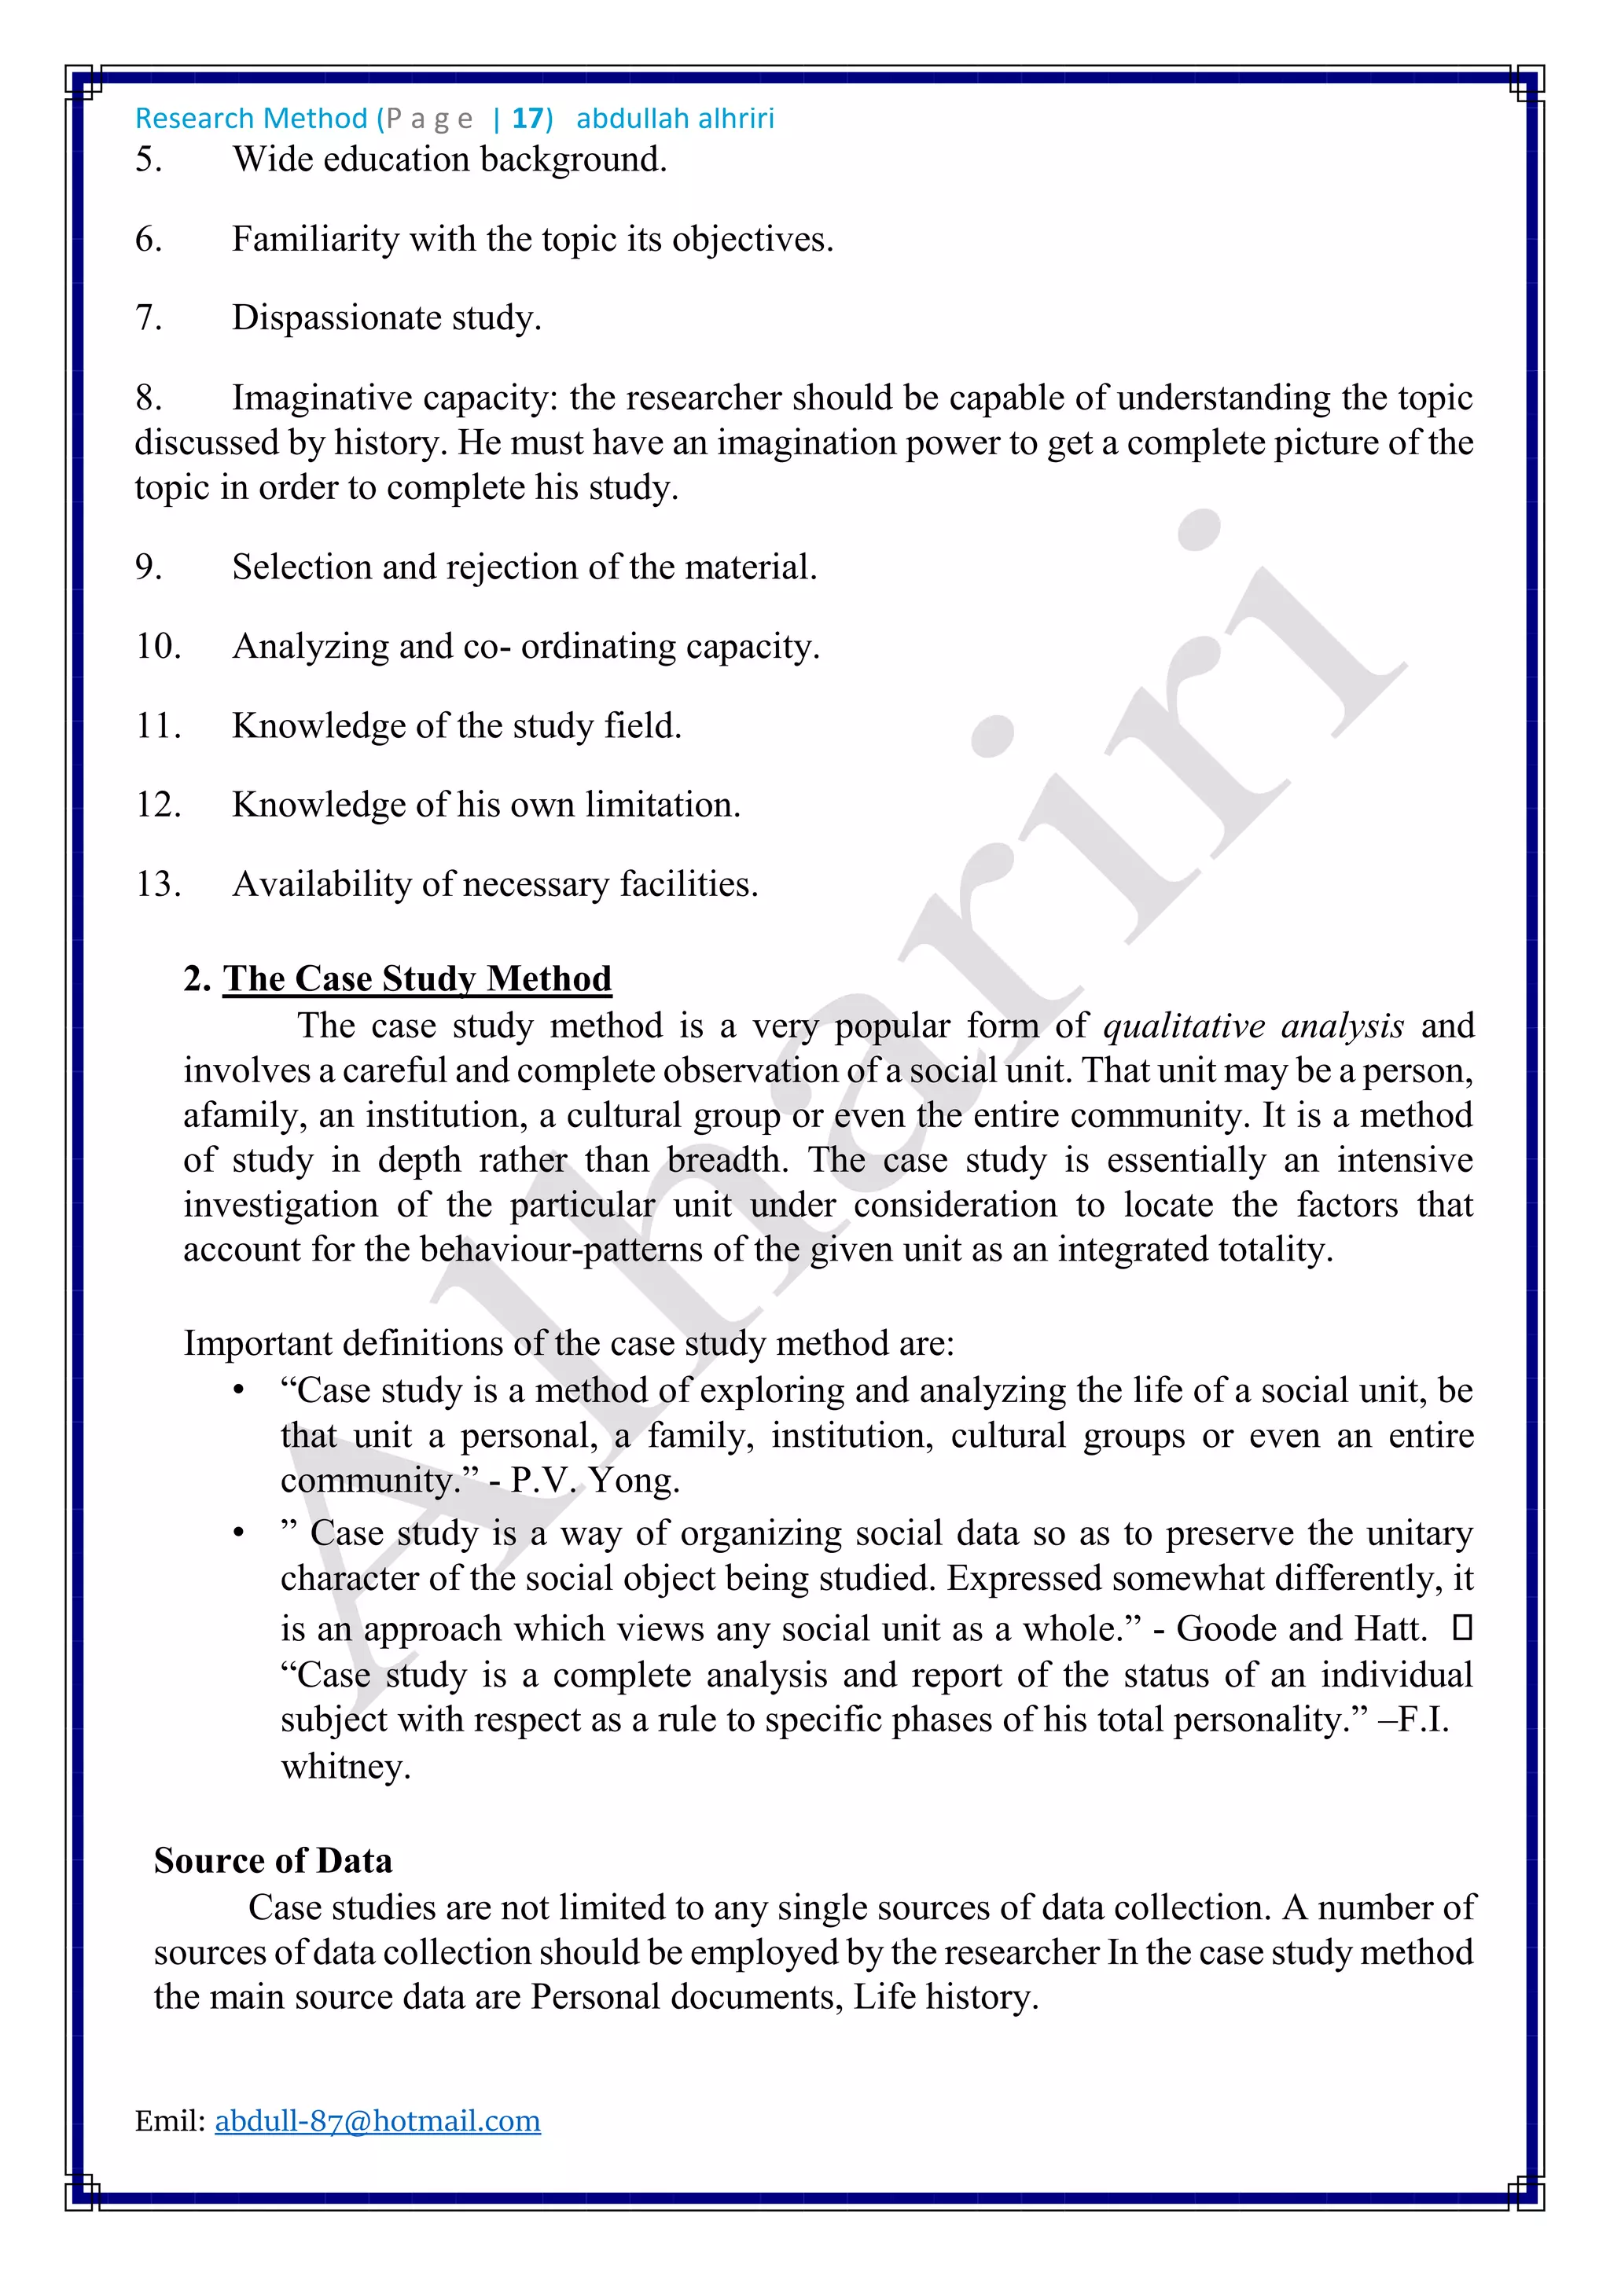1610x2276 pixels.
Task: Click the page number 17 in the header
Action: [x=527, y=119]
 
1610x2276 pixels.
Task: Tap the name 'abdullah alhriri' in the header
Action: [x=675, y=119]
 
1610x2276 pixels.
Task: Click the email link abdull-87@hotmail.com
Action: [x=377, y=2120]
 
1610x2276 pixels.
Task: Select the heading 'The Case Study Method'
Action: [x=417, y=978]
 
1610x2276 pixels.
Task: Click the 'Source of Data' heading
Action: [x=273, y=1861]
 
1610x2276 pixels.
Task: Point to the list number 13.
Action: [x=158, y=883]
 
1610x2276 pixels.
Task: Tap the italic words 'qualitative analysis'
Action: [x=1253, y=1026]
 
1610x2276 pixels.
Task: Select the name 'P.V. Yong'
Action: [x=595, y=1480]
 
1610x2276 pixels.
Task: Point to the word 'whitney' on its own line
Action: [x=344, y=1767]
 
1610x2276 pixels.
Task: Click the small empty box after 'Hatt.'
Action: [x=1461, y=1628]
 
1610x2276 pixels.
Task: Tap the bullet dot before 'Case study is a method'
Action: [x=238, y=1392]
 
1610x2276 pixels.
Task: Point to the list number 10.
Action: [x=158, y=646]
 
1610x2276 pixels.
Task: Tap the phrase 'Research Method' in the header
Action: [x=251, y=119]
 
